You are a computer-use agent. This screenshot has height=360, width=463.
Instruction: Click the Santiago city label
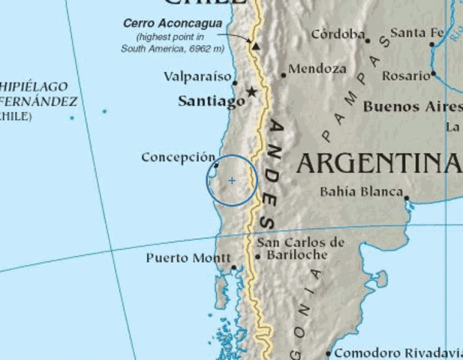[211, 101]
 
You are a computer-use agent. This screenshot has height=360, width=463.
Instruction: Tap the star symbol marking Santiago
[252, 91]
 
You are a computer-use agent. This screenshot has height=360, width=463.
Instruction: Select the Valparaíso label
[197, 76]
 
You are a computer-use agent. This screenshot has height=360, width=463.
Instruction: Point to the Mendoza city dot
[284, 75]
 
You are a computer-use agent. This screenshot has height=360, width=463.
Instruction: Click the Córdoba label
[338, 34]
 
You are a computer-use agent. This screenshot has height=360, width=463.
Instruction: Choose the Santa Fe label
[417, 33]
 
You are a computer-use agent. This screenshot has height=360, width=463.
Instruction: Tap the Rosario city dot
[434, 74]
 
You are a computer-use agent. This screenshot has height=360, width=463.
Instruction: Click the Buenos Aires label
[412, 107]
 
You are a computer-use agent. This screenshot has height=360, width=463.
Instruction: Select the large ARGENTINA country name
[378, 163]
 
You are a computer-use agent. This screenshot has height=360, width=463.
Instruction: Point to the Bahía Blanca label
[361, 191]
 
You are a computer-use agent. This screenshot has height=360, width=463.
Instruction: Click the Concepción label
[178, 157]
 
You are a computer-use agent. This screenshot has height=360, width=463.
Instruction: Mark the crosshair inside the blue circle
[232, 180]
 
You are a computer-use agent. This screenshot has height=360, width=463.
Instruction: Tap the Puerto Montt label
[188, 258]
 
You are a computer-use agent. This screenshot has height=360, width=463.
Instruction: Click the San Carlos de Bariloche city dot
[258, 256]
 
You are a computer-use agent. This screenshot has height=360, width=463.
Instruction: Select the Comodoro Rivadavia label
[398, 352]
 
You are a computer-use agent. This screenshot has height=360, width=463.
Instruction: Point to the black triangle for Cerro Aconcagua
[256, 46]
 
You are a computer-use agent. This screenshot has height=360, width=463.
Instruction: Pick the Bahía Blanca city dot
[407, 198]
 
